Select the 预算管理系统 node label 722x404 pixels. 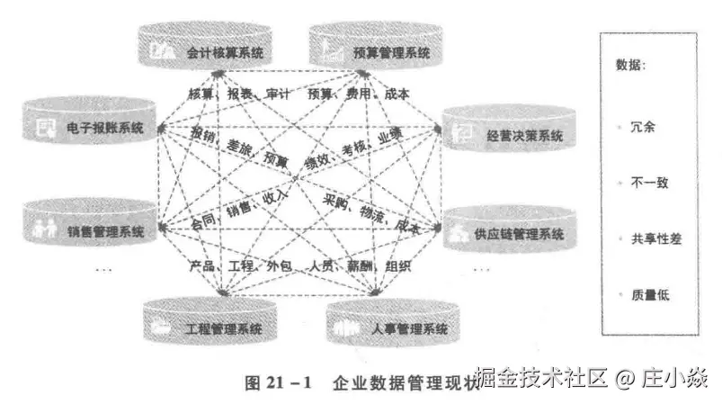[x=391, y=53]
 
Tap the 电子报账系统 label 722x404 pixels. [x=105, y=129]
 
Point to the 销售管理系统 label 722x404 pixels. [x=105, y=230]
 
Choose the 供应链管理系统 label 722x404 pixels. [x=519, y=235]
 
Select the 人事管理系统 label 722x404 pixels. [x=408, y=329]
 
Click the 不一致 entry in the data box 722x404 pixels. [x=648, y=183]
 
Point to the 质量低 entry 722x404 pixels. [x=648, y=294]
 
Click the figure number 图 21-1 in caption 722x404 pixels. [x=278, y=383]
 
